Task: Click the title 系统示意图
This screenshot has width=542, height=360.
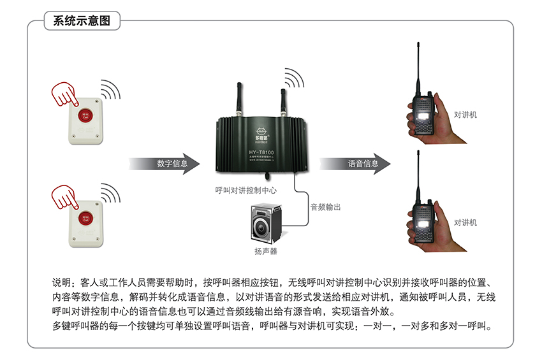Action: pyautogui.click(x=82, y=20)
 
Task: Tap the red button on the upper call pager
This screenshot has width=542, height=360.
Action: pyautogui.click(x=84, y=116)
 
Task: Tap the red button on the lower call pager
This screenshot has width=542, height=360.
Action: pyautogui.click(x=84, y=217)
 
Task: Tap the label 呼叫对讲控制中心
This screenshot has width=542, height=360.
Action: pyautogui.click(x=245, y=190)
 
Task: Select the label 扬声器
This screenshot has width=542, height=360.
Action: pyautogui.click(x=266, y=252)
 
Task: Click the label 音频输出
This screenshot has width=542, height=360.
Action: pyautogui.click(x=325, y=207)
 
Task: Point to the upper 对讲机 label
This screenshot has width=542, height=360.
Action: pyautogui.click(x=465, y=115)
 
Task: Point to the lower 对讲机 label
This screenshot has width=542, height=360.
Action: pyautogui.click(x=465, y=222)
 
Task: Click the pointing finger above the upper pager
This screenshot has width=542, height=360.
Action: pyautogui.click(x=64, y=94)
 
